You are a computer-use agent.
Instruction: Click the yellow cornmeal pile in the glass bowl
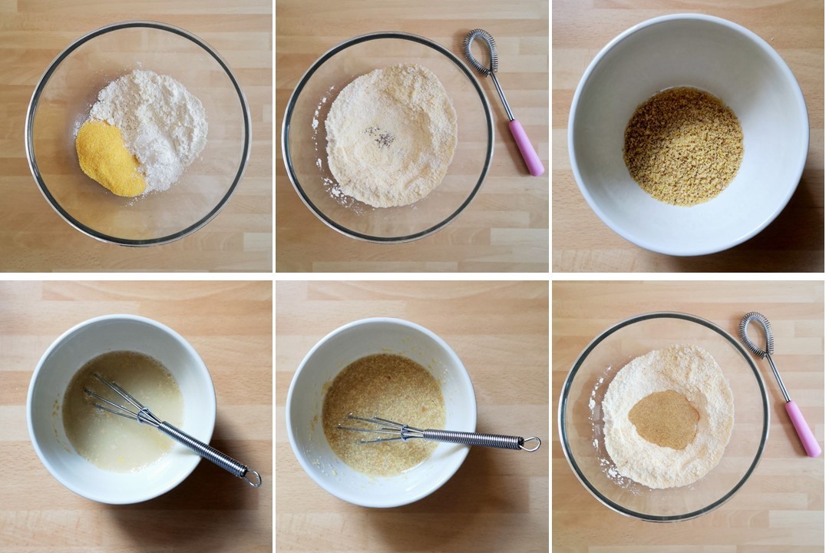coord(110,158)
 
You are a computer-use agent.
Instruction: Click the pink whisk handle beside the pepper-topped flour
coord(526,147)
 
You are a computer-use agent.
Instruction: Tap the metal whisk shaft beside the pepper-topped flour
coord(501,96)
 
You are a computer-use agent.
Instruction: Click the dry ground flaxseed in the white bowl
coord(682,146)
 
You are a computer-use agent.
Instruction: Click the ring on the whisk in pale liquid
coord(251,478)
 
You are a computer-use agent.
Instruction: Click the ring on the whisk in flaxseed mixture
coord(530,443)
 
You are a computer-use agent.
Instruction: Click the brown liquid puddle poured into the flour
coord(665,419)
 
